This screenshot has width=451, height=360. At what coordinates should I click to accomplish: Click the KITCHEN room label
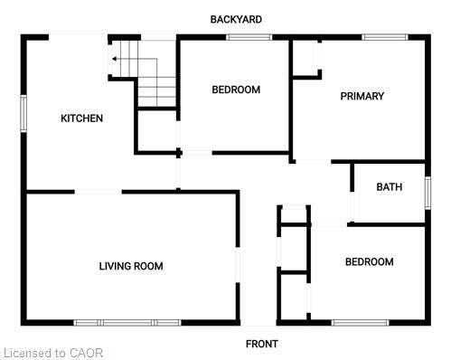pos(81,118)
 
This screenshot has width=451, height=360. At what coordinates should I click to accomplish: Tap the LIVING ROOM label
pos(131,266)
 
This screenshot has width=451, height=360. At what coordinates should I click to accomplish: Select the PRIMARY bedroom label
pos(362,96)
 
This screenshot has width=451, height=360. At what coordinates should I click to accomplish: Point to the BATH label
pos(390,187)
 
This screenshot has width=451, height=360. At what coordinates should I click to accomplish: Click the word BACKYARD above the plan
pos(236,19)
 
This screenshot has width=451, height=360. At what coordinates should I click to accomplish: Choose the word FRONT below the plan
pos(262,344)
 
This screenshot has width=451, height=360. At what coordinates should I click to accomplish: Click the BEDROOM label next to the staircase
pos(236,90)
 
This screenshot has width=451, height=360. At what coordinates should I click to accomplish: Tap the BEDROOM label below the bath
pos(369,262)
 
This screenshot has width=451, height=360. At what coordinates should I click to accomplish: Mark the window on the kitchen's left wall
pos(24,112)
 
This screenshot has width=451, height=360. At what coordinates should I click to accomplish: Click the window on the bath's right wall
pos(427,193)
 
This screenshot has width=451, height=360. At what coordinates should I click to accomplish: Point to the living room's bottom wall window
pos(127,322)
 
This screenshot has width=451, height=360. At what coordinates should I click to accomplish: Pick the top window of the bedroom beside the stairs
pos(249,37)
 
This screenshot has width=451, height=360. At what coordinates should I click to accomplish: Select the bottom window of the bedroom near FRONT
pos(360,322)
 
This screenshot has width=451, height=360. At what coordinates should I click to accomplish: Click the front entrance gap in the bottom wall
pos(258,322)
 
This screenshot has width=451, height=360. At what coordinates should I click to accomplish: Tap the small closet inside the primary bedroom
pos(306,59)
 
